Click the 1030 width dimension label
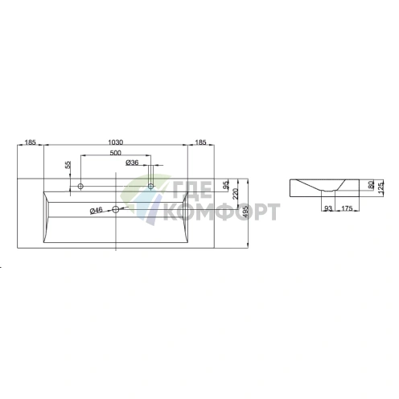pyautogui.click(x=115, y=142)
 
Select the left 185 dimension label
pyautogui.click(x=31, y=142)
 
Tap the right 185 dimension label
pyautogui.click(x=200, y=142)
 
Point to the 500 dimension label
pyautogui.click(x=116, y=153)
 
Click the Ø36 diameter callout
pyautogui.click(x=132, y=162)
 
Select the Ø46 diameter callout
pyautogui.click(x=97, y=211)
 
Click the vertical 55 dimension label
pyautogui.click(x=68, y=165)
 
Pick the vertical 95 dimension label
pyautogui.click(x=227, y=184)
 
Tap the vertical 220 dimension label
pyautogui.click(x=235, y=194)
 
